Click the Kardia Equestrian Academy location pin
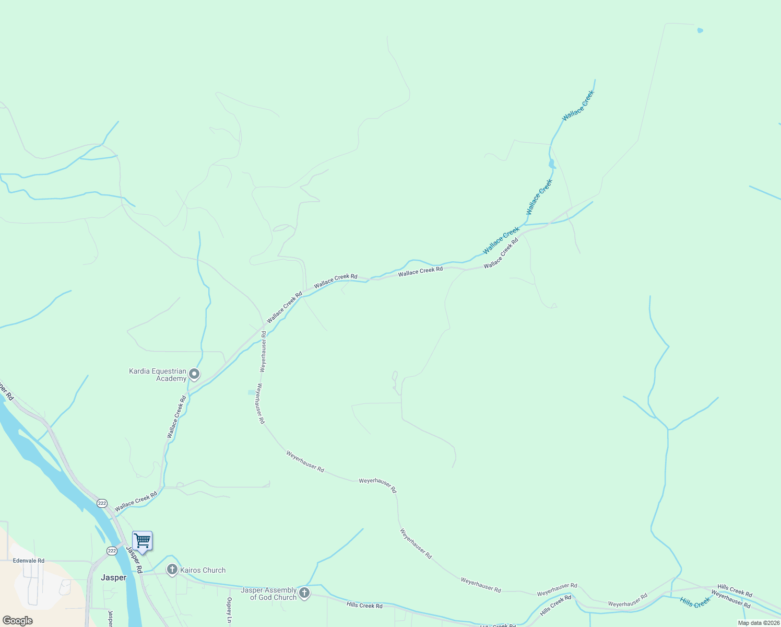[x=194, y=374]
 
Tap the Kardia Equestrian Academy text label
[x=158, y=375]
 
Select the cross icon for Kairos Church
[x=172, y=570]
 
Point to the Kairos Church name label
[x=203, y=570]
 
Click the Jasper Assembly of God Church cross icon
[x=304, y=593]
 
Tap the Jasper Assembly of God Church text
[x=269, y=594]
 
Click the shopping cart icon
[x=142, y=541]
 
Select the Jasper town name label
[x=113, y=577]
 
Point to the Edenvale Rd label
[x=29, y=561]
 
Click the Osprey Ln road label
[x=229, y=609]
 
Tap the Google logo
[x=17, y=621]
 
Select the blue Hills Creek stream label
[x=695, y=602]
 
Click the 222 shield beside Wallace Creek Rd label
[x=102, y=503]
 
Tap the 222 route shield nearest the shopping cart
[x=112, y=551]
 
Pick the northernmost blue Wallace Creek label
[x=578, y=106]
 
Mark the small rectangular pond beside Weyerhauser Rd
[x=252, y=392]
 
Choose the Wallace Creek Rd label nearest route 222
[x=136, y=501]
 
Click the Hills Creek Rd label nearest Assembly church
[x=364, y=605]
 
